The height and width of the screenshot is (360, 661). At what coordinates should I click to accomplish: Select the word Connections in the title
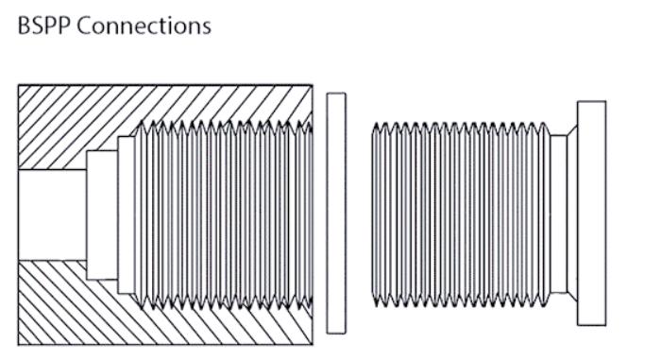coord(144,26)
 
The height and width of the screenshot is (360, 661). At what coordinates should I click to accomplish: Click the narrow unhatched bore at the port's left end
coord(52,214)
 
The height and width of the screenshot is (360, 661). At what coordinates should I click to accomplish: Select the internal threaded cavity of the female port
coord(217,214)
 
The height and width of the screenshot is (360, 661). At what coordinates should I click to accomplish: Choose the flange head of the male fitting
coord(591,214)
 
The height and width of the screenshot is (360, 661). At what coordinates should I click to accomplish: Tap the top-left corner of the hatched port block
coord(19,86)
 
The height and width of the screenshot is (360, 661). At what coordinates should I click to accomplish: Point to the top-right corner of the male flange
coord(605,101)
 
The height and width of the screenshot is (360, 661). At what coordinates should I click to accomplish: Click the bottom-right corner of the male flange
coord(605,326)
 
